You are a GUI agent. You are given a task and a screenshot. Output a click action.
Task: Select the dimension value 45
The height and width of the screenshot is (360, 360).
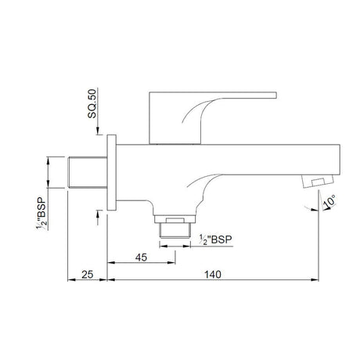141,255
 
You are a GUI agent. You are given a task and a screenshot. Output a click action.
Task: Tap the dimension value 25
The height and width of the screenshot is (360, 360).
87,274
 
